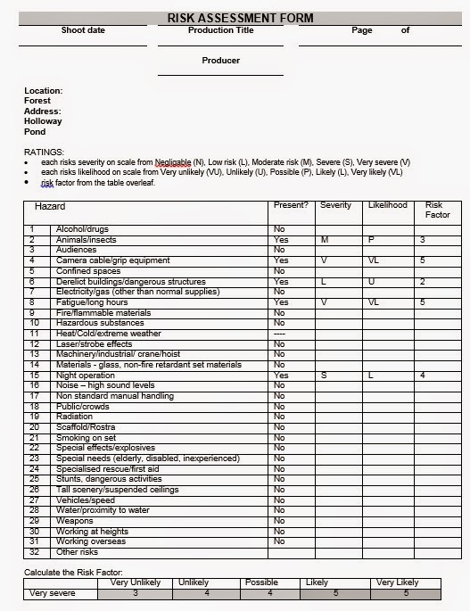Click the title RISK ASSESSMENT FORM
235,17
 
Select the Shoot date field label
83,30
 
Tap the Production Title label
220,30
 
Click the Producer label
220,61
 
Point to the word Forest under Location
37,101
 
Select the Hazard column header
50,206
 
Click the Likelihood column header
387,205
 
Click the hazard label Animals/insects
87,240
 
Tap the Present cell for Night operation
280,376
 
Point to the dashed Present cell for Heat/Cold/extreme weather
279,333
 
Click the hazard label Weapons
74,520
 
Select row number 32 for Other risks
32,551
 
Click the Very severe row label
53,593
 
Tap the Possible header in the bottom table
260,582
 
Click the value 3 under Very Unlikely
135,593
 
